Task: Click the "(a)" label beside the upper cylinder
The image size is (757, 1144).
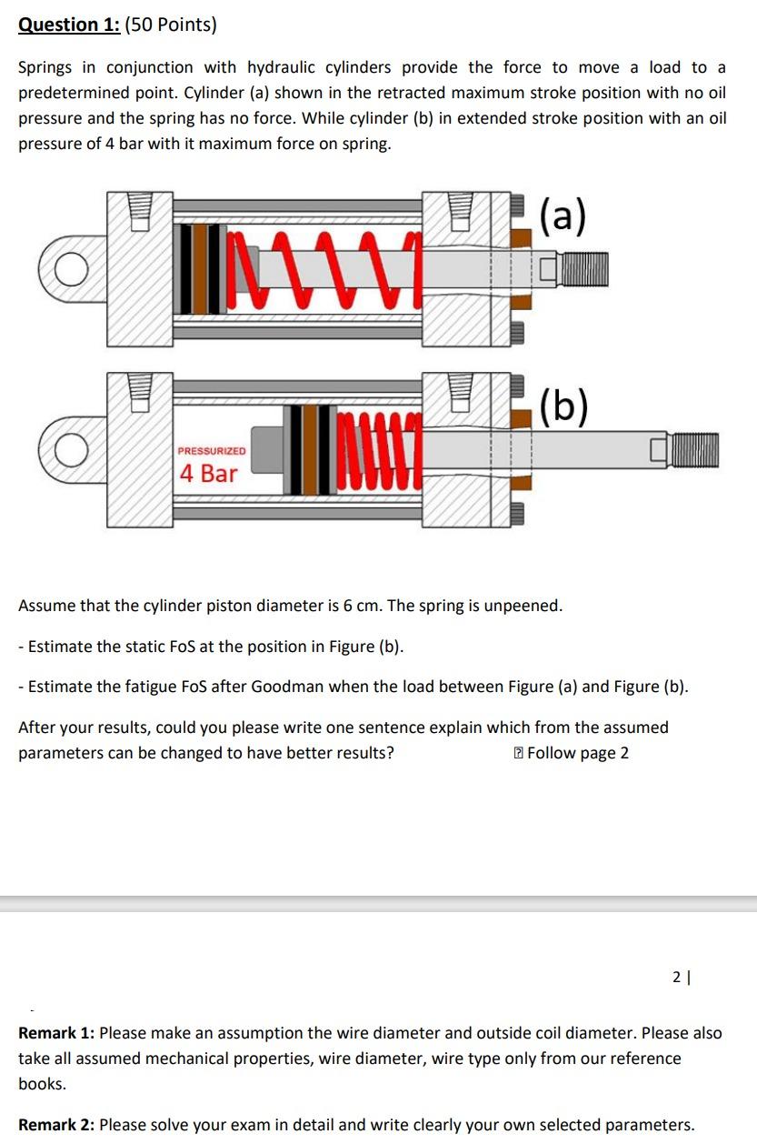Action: point(563,217)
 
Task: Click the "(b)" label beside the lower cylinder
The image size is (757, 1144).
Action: point(563,406)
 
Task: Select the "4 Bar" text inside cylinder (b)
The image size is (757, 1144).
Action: point(208,473)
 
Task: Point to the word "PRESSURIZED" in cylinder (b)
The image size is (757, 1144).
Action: point(211,451)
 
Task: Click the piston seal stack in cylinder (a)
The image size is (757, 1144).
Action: point(204,270)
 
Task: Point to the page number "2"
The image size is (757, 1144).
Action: point(676,977)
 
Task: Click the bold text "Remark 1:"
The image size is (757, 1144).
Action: point(56,1033)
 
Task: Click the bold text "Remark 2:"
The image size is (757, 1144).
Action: point(56,1125)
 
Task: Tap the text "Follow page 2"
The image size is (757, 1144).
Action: point(577,753)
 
